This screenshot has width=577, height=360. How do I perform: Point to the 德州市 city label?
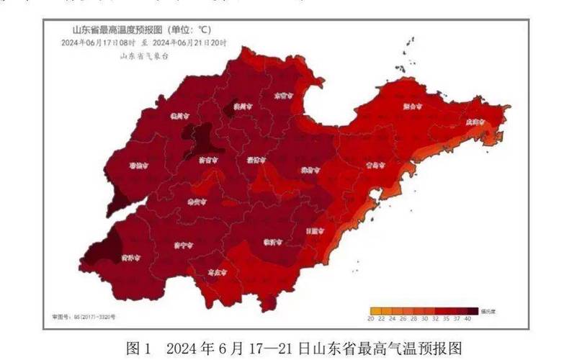point(179,114)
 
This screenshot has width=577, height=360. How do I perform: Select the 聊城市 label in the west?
point(138,165)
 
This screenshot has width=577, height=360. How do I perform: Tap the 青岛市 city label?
point(375,165)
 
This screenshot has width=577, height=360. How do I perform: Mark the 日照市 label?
point(315,230)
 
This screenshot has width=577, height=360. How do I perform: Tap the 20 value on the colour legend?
point(370,318)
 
